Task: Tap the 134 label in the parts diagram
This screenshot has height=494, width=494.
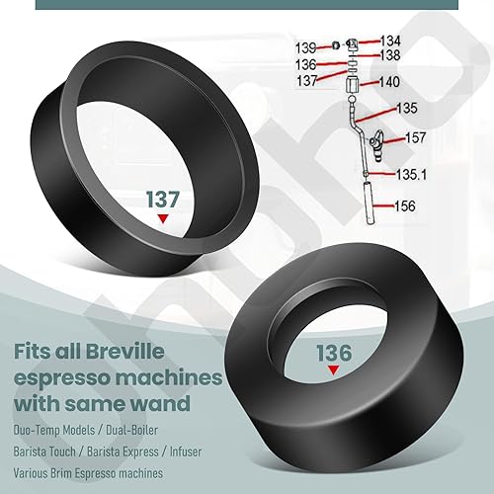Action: pos(391,41)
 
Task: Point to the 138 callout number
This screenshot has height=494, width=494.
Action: pos(390,56)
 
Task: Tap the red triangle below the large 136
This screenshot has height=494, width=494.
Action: pos(333,368)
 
